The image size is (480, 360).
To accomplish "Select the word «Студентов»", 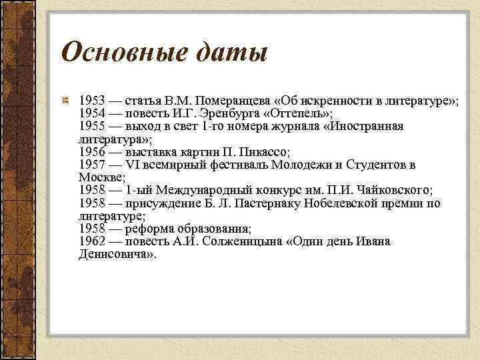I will pyautogui.click(x=369, y=165).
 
